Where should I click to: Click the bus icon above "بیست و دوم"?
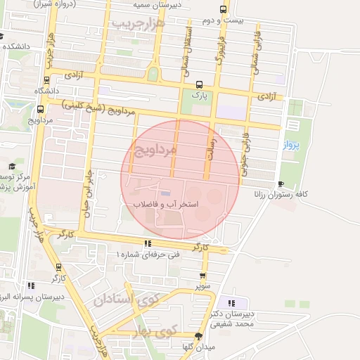pyautogui.click(x=223, y=10)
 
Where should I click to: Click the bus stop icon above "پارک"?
pyautogui.click(x=199, y=83)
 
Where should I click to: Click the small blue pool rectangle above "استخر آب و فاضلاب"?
pyautogui.click(x=165, y=193)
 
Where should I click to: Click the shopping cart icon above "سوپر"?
pyautogui.click(x=203, y=276)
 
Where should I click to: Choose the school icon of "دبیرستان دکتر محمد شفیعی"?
pyautogui.click(x=232, y=302)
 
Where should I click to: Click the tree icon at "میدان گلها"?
pyautogui.click(x=199, y=336)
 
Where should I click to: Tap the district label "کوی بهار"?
pyautogui.click(x=165, y=329)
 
